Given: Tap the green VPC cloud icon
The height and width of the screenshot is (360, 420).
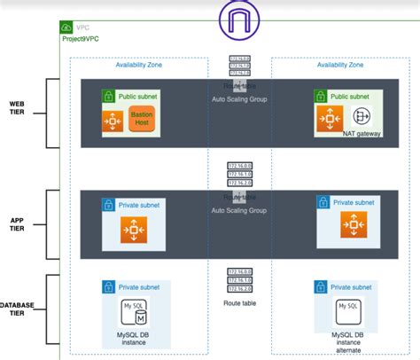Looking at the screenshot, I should coord(67,27).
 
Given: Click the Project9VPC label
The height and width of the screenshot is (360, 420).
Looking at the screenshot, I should coord(82,38).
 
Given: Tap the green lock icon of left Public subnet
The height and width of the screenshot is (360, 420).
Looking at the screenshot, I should coord(108,95).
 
